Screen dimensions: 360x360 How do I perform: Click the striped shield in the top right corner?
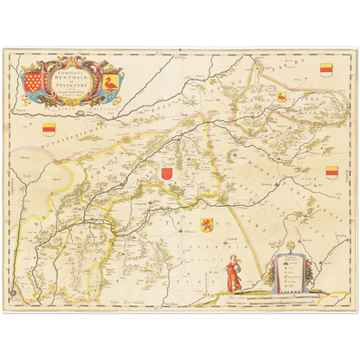coord(325,69)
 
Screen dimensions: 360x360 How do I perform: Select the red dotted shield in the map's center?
coord(166,174)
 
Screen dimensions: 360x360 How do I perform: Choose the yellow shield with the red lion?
coord(207,225)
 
